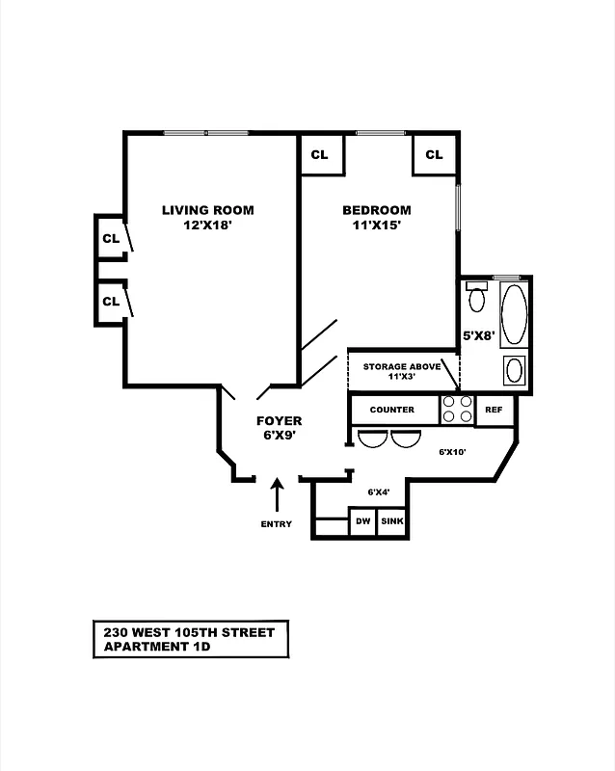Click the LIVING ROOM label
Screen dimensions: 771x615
tap(207, 210)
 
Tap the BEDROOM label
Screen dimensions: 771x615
tap(376, 210)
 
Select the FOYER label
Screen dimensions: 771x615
tap(279, 421)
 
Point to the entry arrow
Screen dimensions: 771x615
tap(278, 495)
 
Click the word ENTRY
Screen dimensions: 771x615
tap(276, 524)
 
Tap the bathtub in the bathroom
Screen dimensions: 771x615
tap(515, 313)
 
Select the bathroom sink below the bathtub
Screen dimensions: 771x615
tap(515, 370)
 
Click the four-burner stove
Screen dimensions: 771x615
tap(457, 411)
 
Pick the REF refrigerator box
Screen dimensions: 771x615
tap(495, 410)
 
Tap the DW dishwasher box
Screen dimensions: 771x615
tap(362, 521)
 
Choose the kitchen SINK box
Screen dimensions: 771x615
tap(392, 521)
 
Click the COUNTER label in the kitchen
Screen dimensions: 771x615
tap(392, 410)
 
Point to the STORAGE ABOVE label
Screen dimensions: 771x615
tap(401, 367)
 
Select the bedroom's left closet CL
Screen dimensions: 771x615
tap(320, 155)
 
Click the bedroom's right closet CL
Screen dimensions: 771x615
tap(434, 155)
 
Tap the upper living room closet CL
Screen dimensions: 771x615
tap(111, 238)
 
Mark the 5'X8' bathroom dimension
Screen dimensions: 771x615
tap(479, 336)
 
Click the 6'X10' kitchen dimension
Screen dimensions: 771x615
tap(453, 451)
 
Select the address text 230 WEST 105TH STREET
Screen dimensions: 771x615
tap(189, 632)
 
